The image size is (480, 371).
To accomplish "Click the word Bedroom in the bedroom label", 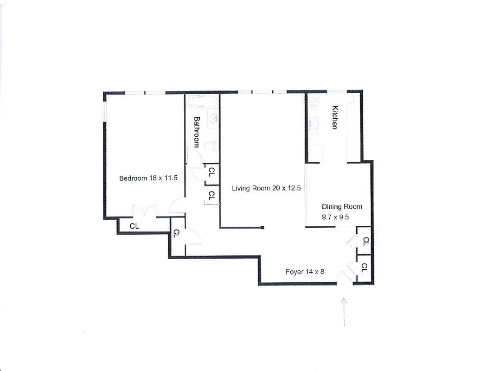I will coord(133,178).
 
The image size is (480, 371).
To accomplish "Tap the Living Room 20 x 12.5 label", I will coord(267,188).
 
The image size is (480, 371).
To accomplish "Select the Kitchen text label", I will coord(335,118).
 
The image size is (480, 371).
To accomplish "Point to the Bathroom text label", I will coord(197,131).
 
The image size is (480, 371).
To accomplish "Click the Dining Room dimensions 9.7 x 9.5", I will coord(335,216).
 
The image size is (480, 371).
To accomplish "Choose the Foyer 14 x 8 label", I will coord(305,272).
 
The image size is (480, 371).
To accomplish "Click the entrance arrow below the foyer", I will coord(344,312).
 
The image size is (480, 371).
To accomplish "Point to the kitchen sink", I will coord(313,123).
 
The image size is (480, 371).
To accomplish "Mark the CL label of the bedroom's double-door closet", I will coord(134,226).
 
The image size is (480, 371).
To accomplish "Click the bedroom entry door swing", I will coord(177,205).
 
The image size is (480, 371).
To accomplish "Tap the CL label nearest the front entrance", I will coord(364,268).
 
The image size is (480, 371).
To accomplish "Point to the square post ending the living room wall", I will coord(262,227).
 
